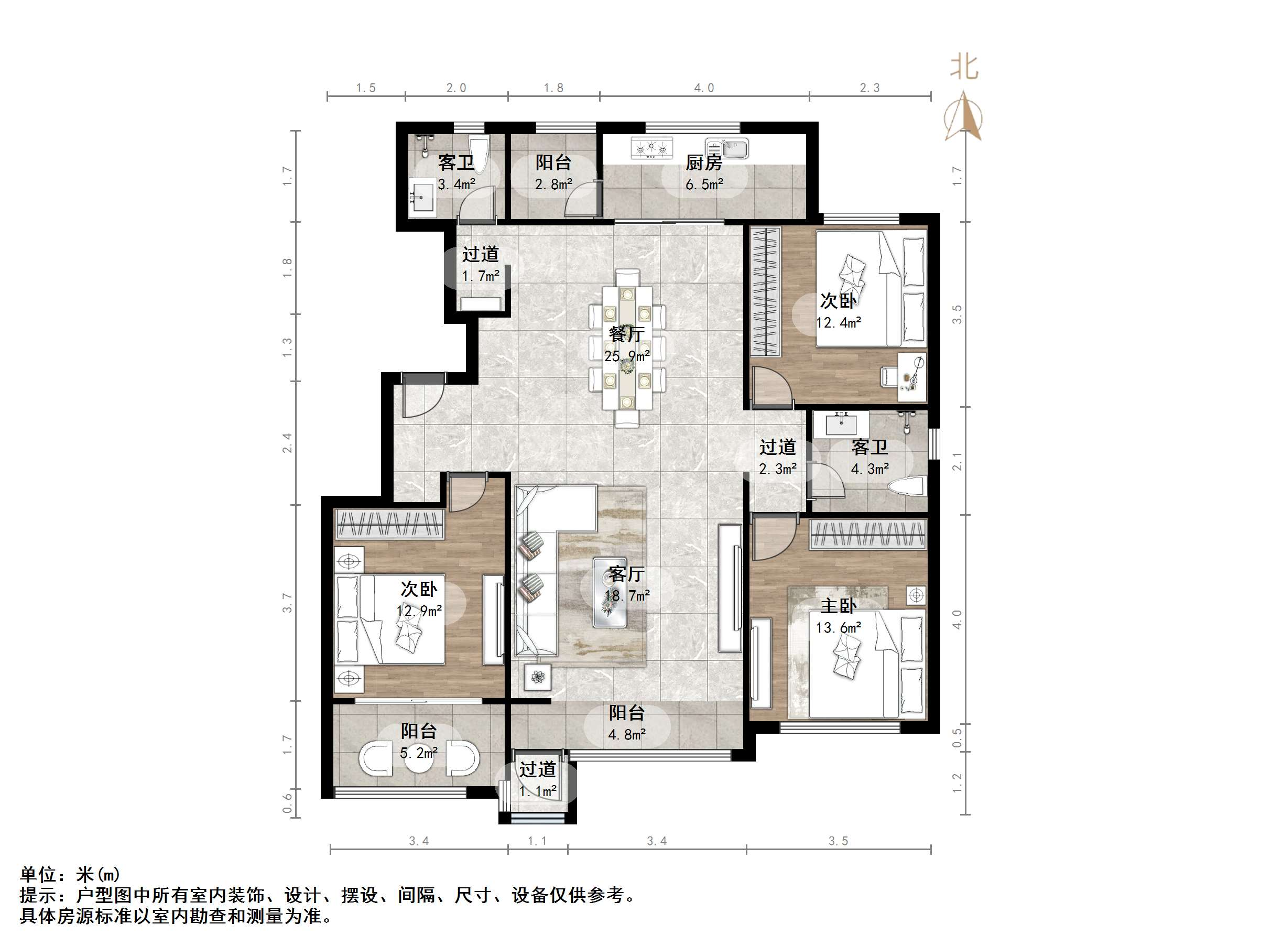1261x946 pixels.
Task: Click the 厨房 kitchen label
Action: click(703, 163)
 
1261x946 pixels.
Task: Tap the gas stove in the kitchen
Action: click(651, 148)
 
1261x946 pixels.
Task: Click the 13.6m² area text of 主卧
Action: click(838, 628)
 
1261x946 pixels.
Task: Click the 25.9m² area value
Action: click(626, 356)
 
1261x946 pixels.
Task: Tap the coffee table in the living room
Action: click(610, 593)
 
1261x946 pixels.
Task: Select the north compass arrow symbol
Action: click(963, 117)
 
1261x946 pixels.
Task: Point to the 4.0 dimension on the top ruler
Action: click(704, 88)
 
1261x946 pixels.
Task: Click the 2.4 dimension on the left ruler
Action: click(287, 443)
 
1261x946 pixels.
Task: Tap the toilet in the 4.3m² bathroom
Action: click(906, 488)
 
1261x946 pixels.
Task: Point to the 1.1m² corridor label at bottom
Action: click(538, 791)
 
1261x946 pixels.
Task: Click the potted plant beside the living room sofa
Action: click(538, 677)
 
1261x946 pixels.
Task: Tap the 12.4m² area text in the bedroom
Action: click(838, 323)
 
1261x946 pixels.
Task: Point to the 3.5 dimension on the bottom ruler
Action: click(838, 841)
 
